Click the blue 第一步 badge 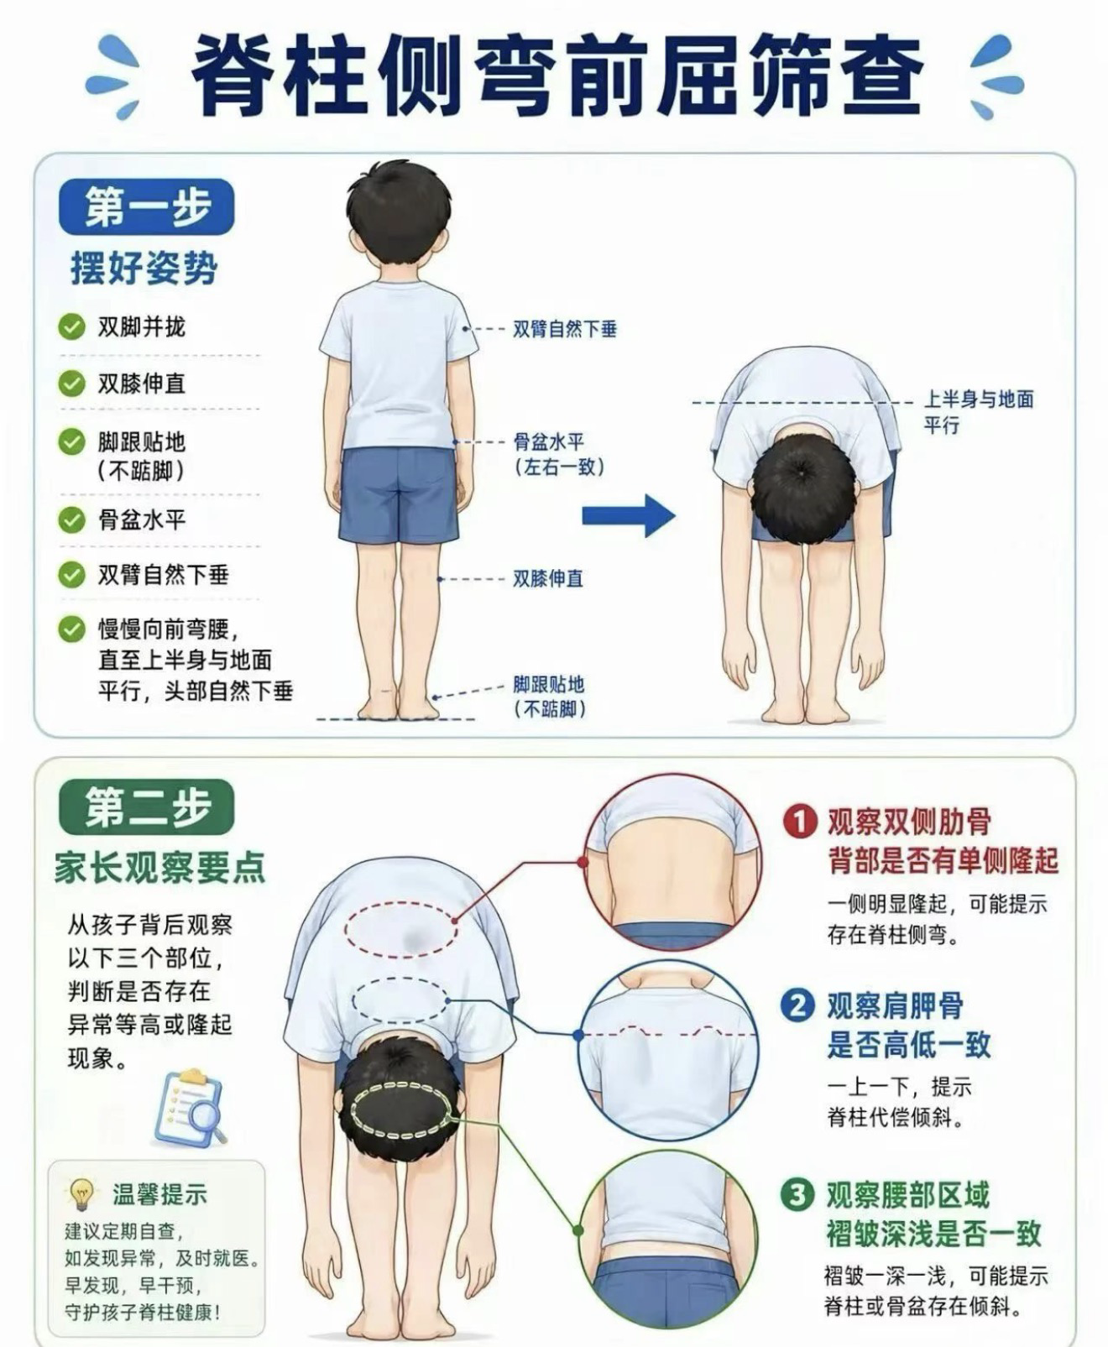pos(146,207)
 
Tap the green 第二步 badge pos(146,807)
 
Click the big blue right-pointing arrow pos(628,514)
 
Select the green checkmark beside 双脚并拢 pos(71,327)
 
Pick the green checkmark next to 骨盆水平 pos(71,519)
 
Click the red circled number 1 pos(800,822)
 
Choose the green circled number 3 pos(797,1194)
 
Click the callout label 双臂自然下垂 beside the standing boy pos(565,330)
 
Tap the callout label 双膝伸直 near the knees pos(547,578)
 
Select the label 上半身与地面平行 pos(978,412)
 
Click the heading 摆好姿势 pos(144,268)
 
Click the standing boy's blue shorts pos(399,496)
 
